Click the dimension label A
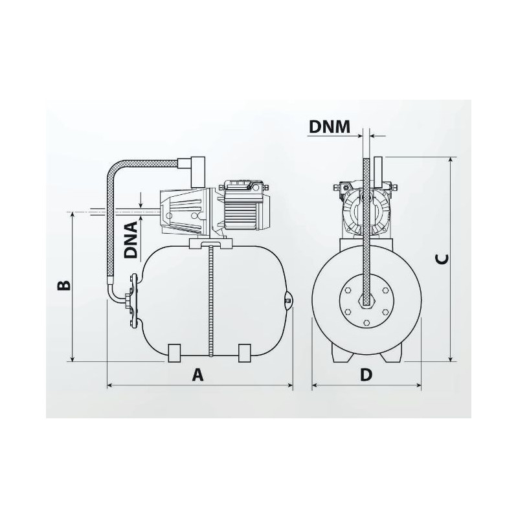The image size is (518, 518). point(198,375)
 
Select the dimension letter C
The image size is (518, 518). point(442,260)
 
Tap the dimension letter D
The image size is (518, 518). point(366,375)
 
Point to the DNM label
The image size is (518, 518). point(329,127)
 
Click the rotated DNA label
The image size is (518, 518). point(131,240)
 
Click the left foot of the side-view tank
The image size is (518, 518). point(174,353)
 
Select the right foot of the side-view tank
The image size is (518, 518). point(245,353)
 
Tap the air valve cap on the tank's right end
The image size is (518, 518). point(288,300)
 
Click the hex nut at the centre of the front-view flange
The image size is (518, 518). point(366,302)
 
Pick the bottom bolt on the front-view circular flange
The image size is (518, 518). point(366,322)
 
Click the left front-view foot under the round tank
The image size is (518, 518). point(341,354)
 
